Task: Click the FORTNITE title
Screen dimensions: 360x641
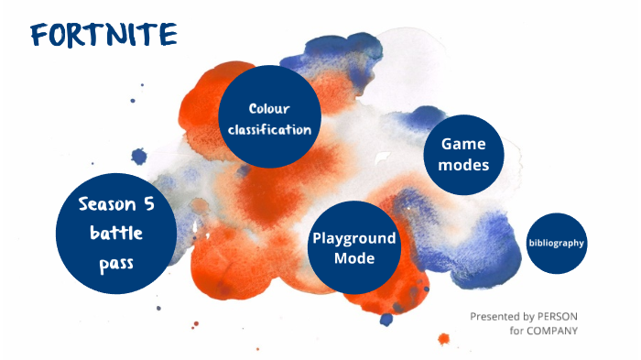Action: pyautogui.click(x=103, y=34)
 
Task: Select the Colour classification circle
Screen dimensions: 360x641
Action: pyautogui.click(x=268, y=117)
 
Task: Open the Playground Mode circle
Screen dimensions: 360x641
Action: pyautogui.click(x=354, y=247)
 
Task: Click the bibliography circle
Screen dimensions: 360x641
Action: pyautogui.click(x=557, y=243)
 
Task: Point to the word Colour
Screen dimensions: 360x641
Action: pyautogui.click(x=268, y=108)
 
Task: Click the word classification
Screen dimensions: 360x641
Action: pyautogui.click(x=268, y=129)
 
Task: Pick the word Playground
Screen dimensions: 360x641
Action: pyautogui.click(x=354, y=238)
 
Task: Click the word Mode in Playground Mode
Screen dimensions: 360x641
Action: pyautogui.click(x=354, y=258)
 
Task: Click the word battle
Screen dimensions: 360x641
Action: pyautogui.click(x=116, y=234)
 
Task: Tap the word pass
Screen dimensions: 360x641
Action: pyautogui.click(x=116, y=265)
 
